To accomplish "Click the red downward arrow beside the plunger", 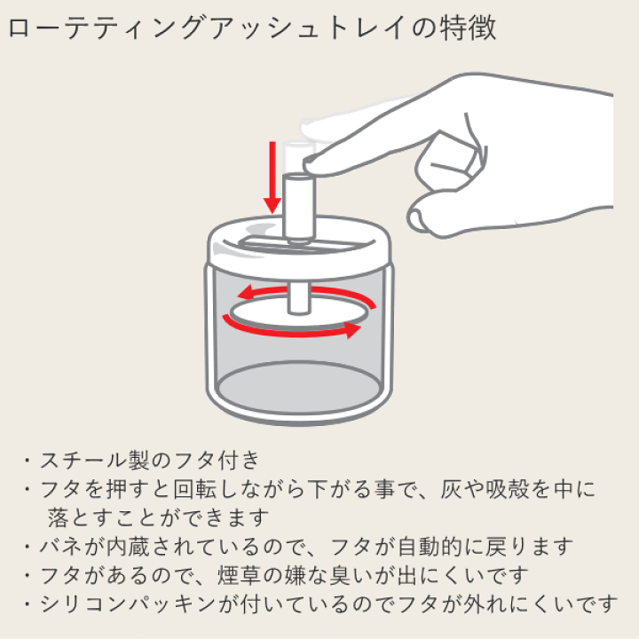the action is (272, 177).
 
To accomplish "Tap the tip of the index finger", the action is (306, 165).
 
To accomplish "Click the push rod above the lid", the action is (299, 207).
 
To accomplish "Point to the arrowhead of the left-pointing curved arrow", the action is (245, 293).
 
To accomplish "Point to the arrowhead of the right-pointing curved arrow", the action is (353, 329).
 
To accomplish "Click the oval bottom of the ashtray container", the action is (299, 387).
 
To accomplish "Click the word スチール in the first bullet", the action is (83, 460).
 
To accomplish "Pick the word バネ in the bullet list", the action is (60, 546).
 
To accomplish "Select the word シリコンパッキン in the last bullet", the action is (128, 603).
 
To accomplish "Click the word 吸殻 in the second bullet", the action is (507, 489).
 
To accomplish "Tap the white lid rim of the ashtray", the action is (299, 261).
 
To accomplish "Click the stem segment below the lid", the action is (299, 298).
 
